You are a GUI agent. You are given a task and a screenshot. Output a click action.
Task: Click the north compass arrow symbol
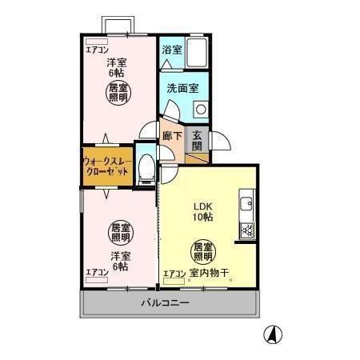pos(274,335)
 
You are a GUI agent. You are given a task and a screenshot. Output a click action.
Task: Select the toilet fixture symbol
pos(146,168)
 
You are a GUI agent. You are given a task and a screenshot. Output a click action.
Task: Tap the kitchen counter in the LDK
pos(246,216)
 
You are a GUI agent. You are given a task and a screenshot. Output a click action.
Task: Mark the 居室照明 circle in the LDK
pos(202,253)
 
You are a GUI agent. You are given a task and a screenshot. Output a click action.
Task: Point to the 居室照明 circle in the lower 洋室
pos(119,232)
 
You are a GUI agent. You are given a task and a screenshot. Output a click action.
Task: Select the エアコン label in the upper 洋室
pos(98,50)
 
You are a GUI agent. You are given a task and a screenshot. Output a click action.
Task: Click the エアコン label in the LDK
pos(174,274)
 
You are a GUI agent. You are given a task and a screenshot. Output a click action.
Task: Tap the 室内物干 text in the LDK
pos(210,274)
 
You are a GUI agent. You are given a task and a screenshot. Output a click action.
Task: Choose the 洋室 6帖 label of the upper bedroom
pos(118,67)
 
